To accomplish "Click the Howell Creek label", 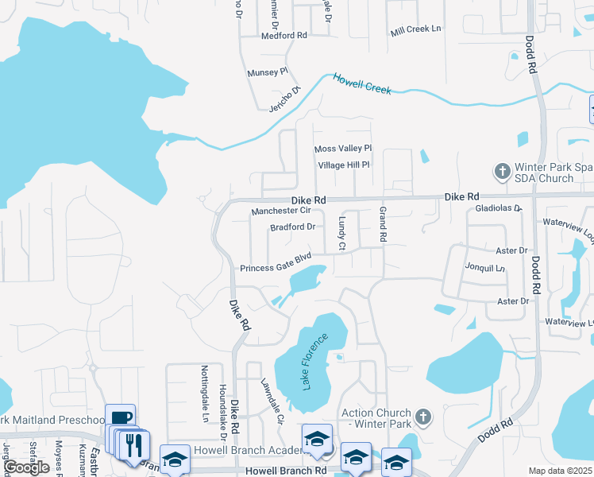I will (362, 83).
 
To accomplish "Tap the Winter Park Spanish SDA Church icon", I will (501, 171).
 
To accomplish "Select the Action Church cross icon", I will (423, 416).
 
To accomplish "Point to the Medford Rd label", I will (283, 36).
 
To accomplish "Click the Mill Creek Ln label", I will (415, 30).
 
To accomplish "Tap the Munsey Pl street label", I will (267, 72).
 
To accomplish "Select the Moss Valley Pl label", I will (343, 149).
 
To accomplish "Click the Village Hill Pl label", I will (344, 165).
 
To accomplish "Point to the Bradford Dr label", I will (292, 227).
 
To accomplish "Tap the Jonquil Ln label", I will (485, 268).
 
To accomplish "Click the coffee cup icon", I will (120, 417).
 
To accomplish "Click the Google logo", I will (26, 467).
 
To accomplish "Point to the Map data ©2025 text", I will (559, 471).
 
